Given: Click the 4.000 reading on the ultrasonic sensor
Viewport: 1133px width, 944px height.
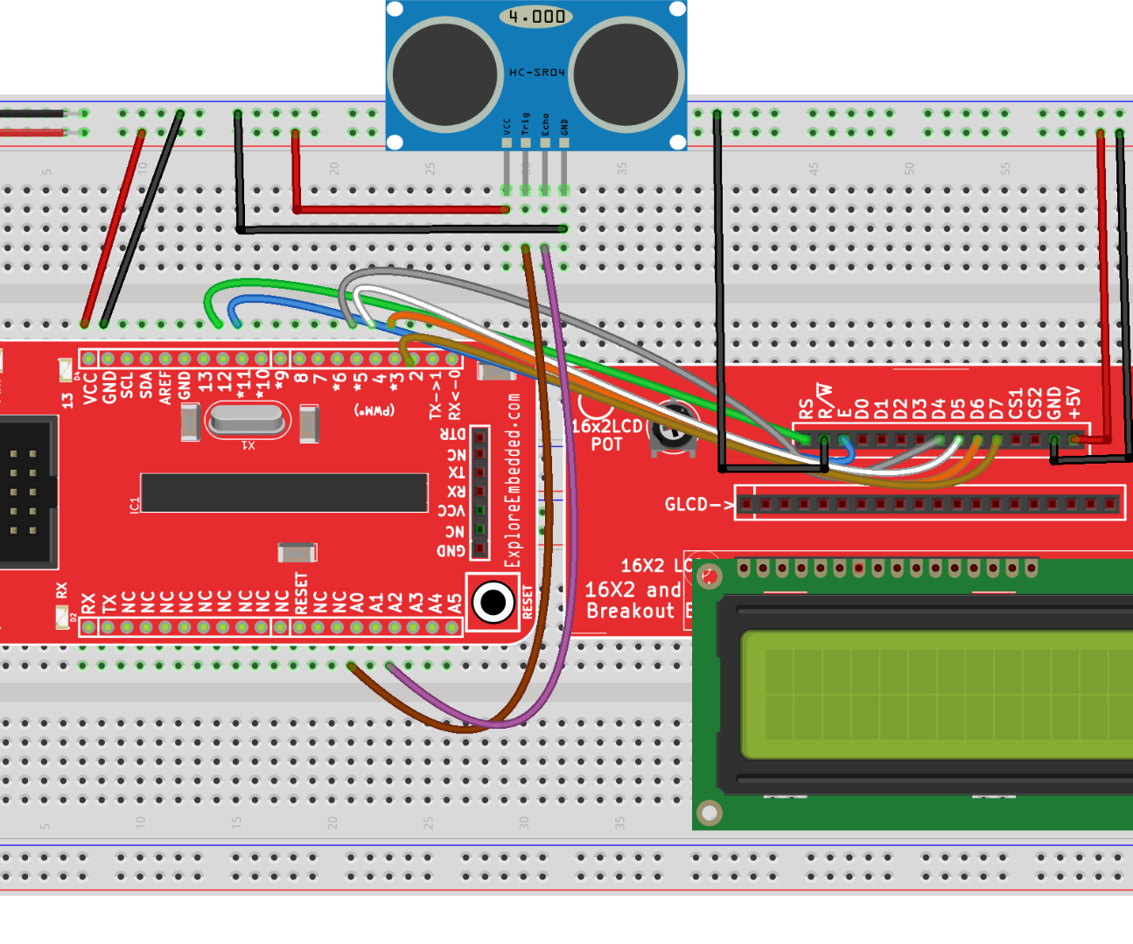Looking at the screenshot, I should tap(536, 16).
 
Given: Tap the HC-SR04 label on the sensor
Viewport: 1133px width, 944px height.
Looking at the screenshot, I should tap(537, 73).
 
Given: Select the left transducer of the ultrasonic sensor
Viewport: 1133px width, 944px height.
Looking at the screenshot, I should tap(445, 74).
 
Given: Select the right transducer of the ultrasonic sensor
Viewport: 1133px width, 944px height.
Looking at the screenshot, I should tap(626, 74).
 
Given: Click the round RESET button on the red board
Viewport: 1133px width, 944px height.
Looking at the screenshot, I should tap(493, 602).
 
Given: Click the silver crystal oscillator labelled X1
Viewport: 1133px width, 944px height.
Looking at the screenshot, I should tap(248, 421).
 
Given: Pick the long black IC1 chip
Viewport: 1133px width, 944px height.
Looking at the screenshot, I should tap(283, 493).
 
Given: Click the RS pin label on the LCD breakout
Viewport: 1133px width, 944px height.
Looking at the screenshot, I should tap(806, 409).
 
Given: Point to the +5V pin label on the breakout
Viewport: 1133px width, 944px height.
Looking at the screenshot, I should tap(1074, 403).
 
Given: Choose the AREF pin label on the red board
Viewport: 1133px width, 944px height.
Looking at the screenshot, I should tap(165, 387).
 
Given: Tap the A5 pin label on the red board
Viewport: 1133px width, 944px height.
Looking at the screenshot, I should tap(455, 604).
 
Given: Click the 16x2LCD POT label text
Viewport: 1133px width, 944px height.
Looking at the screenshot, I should tap(606, 435).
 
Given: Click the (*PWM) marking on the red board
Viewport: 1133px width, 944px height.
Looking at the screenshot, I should tap(374, 410).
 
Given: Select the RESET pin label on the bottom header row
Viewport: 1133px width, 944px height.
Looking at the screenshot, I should tap(301, 593).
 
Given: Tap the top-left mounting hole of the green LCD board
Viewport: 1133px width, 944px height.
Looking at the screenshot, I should tap(710, 576).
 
